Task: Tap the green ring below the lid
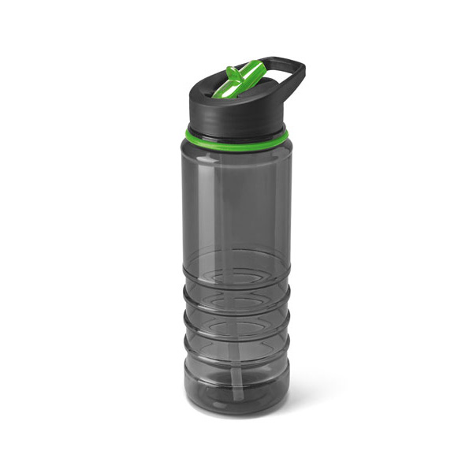(236, 136)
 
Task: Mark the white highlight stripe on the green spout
(251, 79)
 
